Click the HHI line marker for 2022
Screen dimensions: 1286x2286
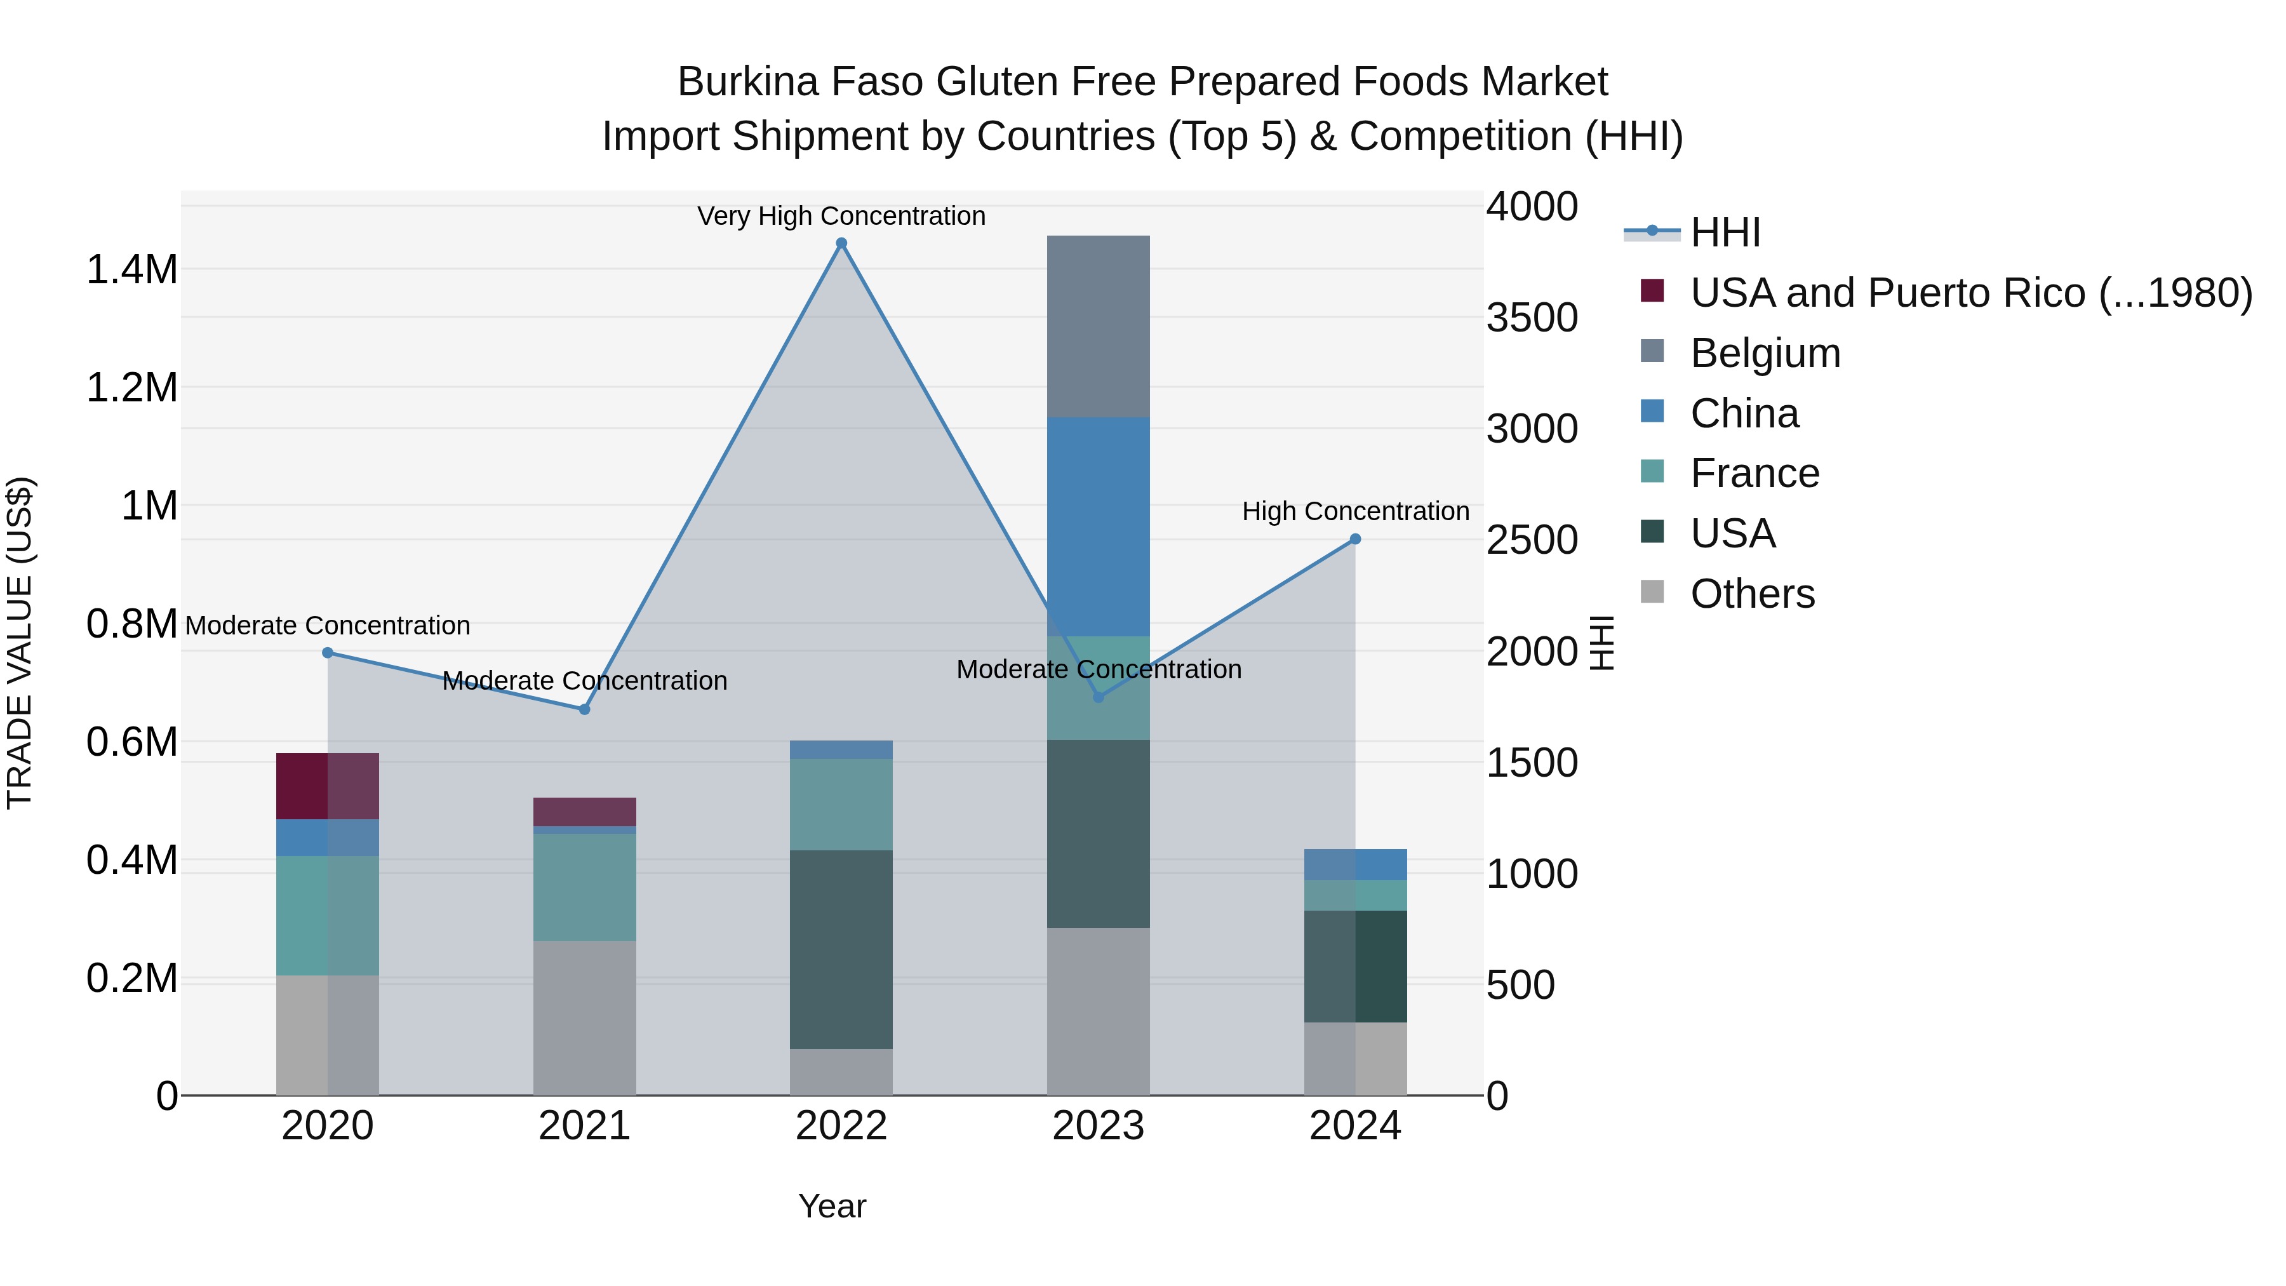pos(841,243)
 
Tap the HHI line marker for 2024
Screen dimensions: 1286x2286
pos(1355,539)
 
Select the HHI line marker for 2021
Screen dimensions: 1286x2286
pos(584,709)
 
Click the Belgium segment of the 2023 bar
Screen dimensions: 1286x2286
pos(1098,326)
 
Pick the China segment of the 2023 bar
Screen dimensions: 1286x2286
pos(1098,526)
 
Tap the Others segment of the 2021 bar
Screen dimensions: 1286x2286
pos(584,1017)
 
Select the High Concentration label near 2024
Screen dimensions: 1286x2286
pos(1355,511)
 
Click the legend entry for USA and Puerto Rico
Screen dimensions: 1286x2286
pos(1970,293)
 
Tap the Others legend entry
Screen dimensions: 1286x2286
pos(1752,594)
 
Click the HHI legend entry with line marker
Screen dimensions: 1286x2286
pos(1724,232)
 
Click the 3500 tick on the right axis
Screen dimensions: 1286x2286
pos(1532,318)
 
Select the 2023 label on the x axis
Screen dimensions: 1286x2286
pos(1098,1126)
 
